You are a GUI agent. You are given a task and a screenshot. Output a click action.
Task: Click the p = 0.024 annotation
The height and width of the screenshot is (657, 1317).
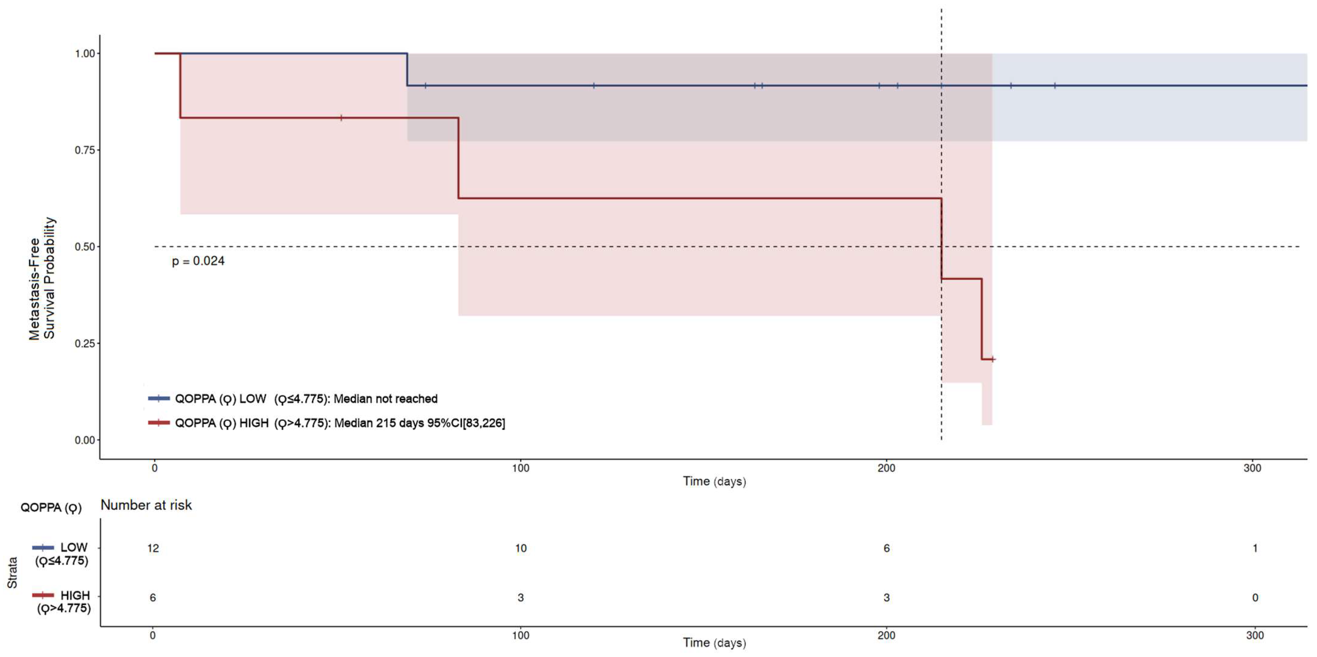[x=198, y=261]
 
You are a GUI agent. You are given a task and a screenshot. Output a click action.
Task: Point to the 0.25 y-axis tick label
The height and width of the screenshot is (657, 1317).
[x=85, y=343]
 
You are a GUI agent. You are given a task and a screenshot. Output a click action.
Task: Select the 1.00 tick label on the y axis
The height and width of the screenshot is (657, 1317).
[x=85, y=53]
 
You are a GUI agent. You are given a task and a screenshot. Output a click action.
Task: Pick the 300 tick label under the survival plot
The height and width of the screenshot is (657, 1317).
[x=1252, y=468]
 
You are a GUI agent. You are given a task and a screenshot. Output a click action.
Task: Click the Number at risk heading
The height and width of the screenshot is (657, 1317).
[x=146, y=505]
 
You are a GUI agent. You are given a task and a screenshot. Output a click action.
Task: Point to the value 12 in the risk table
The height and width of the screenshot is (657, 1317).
[x=153, y=548]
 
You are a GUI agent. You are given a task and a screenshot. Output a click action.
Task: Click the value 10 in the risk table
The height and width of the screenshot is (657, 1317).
[x=520, y=548]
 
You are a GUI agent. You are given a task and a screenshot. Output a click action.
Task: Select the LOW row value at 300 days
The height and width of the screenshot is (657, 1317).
[x=1255, y=548]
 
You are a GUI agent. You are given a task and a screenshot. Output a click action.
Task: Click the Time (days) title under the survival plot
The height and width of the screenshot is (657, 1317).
[x=714, y=481]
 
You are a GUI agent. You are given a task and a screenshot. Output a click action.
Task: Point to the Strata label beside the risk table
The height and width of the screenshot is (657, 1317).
[x=12, y=573]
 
